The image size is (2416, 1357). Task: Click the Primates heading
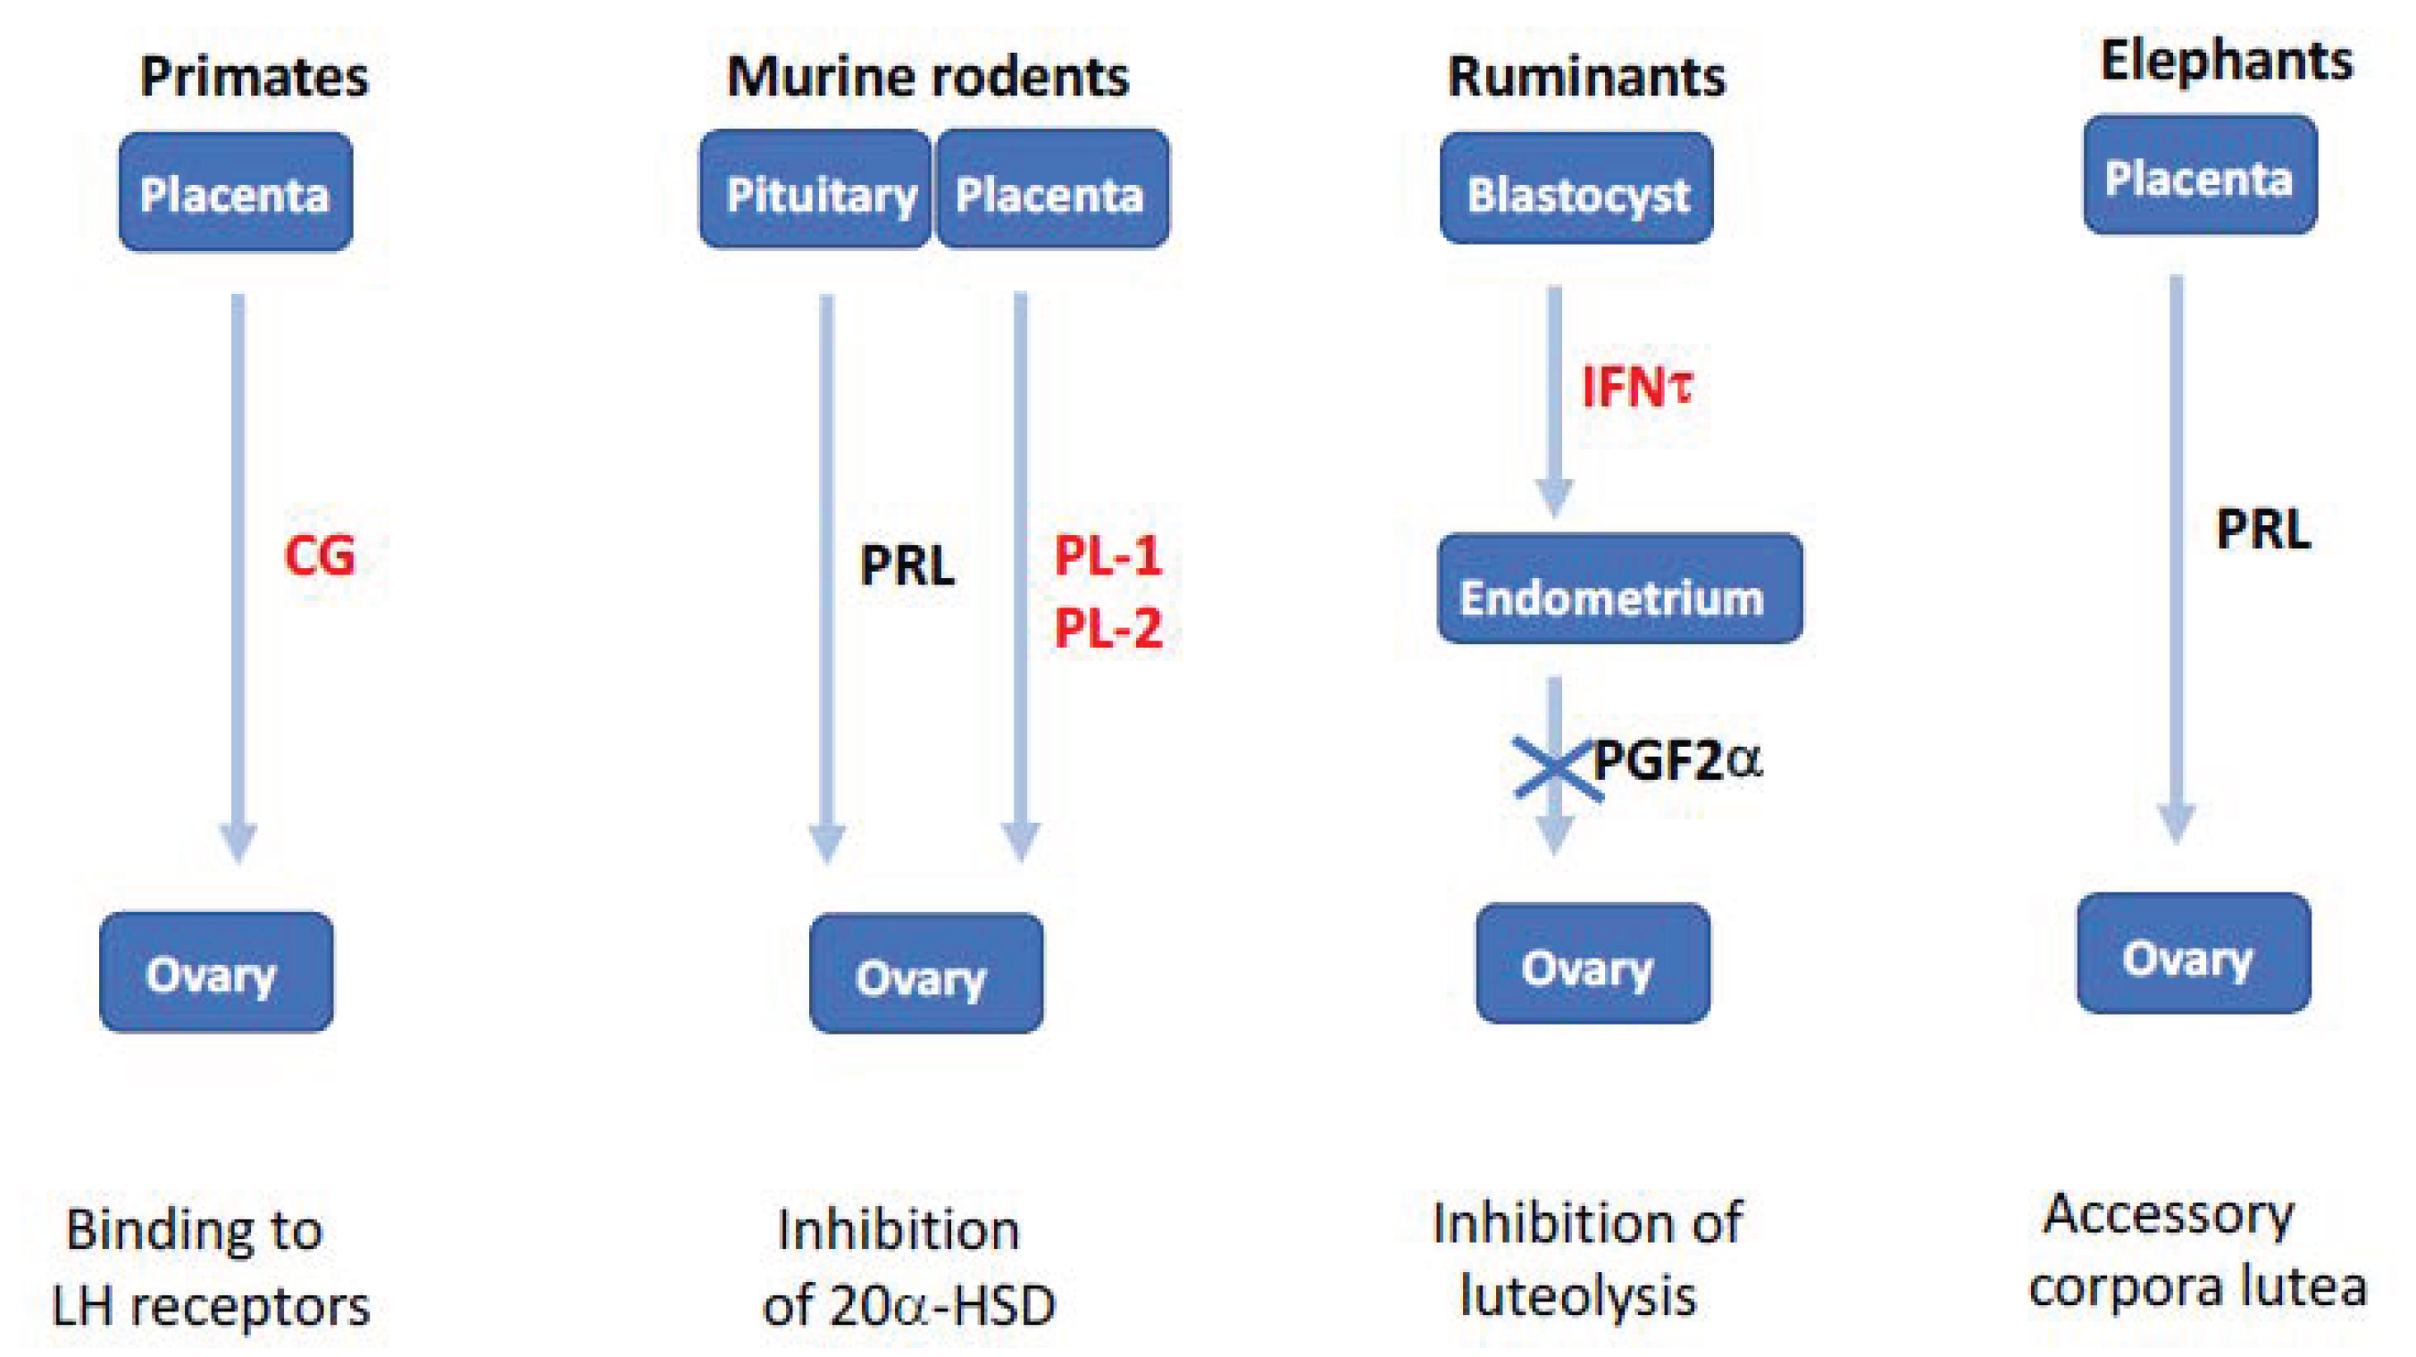click(x=255, y=77)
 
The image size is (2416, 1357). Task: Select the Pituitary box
click(x=816, y=190)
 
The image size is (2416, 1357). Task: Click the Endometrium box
click(x=1619, y=590)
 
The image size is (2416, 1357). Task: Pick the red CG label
click(x=320, y=557)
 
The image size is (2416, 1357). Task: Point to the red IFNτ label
click(x=1636, y=388)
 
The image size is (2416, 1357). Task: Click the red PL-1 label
click(x=1108, y=557)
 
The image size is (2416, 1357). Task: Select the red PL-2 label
click(x=1108, y=627)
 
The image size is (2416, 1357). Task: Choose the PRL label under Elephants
click(x=2262, y=531)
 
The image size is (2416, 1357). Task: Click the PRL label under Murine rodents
click(x=906, y=565)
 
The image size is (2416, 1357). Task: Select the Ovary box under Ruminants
click(x=1592, y=964)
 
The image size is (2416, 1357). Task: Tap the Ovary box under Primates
click(x=217, y=973)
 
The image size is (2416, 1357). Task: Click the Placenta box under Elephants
click(x=2199, y=175)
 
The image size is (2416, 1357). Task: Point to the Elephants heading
click(x=2226, y=62)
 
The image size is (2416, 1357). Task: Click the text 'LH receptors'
click(x=211, y=1306)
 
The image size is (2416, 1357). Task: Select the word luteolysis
click(x=1578, y=1297)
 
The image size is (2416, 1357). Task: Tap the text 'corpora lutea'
click(x=2196, y=1287)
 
